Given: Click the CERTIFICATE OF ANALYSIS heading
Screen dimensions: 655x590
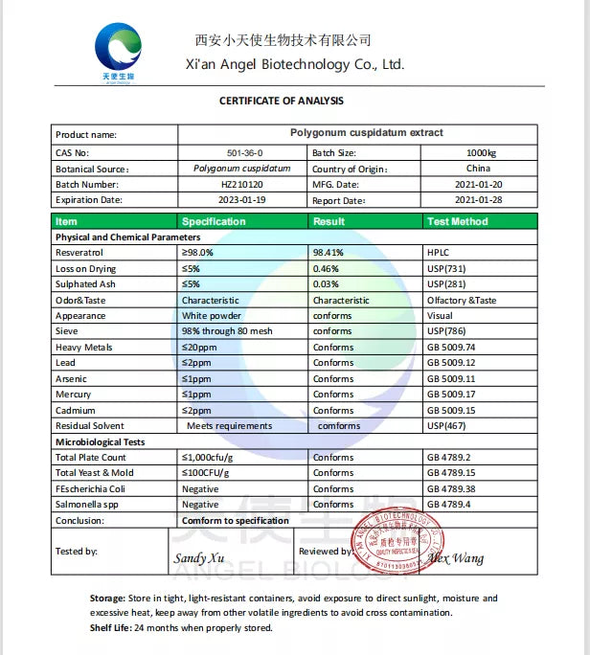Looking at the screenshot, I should click(281, 101).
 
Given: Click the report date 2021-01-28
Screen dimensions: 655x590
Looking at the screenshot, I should click(479, 200).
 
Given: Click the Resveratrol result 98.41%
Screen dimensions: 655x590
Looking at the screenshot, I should click(328, 253).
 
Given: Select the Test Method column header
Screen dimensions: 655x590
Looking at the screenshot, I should click(457, 221).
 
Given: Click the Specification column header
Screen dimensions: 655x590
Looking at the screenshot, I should click(214, 221).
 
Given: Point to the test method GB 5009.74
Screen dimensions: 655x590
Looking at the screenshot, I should click(451, 348).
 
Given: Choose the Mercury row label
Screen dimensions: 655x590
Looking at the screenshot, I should click(74, 395).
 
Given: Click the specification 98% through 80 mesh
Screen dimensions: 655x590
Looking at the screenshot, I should click(227, 331).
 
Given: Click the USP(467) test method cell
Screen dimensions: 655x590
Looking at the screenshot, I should click(446, 426).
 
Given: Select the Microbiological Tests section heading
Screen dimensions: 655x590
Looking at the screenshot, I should click(102, 442).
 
